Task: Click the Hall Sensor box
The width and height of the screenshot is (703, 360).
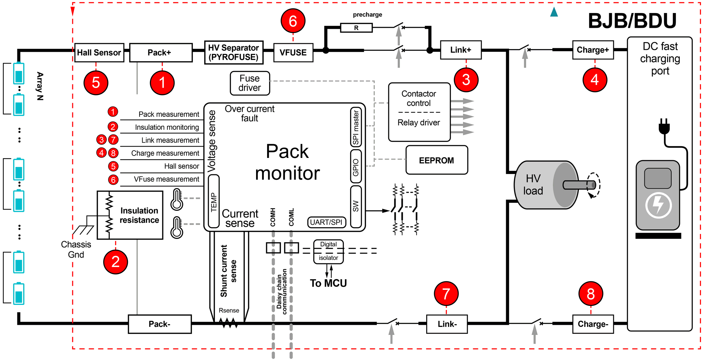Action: (99, 53)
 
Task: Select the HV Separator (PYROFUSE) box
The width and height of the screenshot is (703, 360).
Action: (233, 53)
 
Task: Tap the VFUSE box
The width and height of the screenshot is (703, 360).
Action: (293, 53)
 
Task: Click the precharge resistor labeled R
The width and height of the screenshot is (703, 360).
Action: (356, 28)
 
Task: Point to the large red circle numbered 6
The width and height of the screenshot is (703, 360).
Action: (293, 21)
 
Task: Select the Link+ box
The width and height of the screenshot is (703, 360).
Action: (461, 50)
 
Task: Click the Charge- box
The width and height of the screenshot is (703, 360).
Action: (593, 324)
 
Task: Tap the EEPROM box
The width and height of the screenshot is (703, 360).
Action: (437, 160)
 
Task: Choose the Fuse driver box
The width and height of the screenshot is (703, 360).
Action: (250, 83)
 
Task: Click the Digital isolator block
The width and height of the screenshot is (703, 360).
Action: (328, 251)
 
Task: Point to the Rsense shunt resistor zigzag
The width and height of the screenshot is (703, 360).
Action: (229, 323)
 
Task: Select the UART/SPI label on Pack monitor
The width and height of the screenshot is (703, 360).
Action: (326, 222)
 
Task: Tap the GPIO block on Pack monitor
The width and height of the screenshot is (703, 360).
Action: (356, 167)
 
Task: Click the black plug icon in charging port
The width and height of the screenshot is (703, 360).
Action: (664, 127)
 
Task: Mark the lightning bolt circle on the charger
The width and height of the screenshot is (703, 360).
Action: (658, 205)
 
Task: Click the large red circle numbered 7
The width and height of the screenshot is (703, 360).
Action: (446, 294)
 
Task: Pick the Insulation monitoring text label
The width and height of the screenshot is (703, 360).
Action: (167, 127)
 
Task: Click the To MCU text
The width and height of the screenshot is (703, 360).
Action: (328, 283)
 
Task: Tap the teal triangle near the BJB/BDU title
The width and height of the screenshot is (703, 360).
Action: (554, 12)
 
